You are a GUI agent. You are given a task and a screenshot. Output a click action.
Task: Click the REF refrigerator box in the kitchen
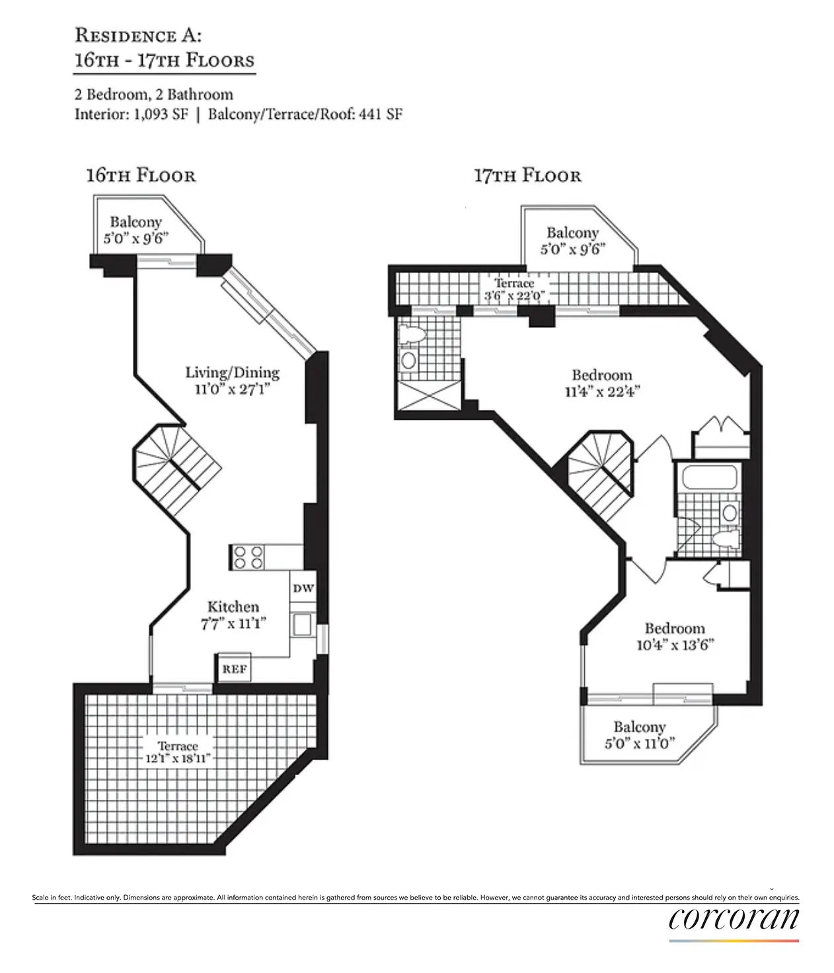(x=234, y=668)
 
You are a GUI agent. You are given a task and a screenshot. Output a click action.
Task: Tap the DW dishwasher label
(x=303, y=588)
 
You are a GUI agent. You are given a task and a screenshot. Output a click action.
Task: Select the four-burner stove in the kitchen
(x=247, y=557)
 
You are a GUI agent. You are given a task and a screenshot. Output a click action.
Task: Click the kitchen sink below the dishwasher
(x=303, y=625)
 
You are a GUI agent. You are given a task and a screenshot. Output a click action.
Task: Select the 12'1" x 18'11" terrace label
(x=178, y=752)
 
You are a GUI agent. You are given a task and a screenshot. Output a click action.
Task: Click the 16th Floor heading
(x=141, y=175)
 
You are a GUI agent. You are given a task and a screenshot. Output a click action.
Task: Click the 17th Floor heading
(x=527, y=175)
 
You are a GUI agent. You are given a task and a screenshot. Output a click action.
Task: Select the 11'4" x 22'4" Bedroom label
(x=601, y=383)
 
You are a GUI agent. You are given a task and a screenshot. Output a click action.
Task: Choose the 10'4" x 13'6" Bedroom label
(x=675, y=636)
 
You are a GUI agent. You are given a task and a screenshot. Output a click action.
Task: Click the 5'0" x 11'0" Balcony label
(x=639, y=734)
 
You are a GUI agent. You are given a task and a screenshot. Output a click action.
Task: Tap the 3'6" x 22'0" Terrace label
(x=514, y=290)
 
